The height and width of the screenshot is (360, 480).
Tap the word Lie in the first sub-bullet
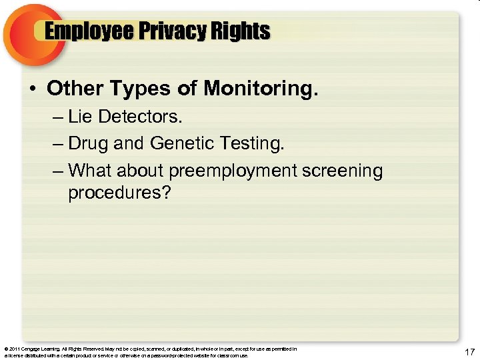pyautogui.click(x=80, y=117)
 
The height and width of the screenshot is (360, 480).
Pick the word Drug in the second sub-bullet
pyautogui.click(x=83, y=143)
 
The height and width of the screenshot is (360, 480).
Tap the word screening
pyautogui.click(x=343, y=171)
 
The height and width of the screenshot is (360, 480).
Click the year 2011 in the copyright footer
pyautogui.click(x=14, y=349)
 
